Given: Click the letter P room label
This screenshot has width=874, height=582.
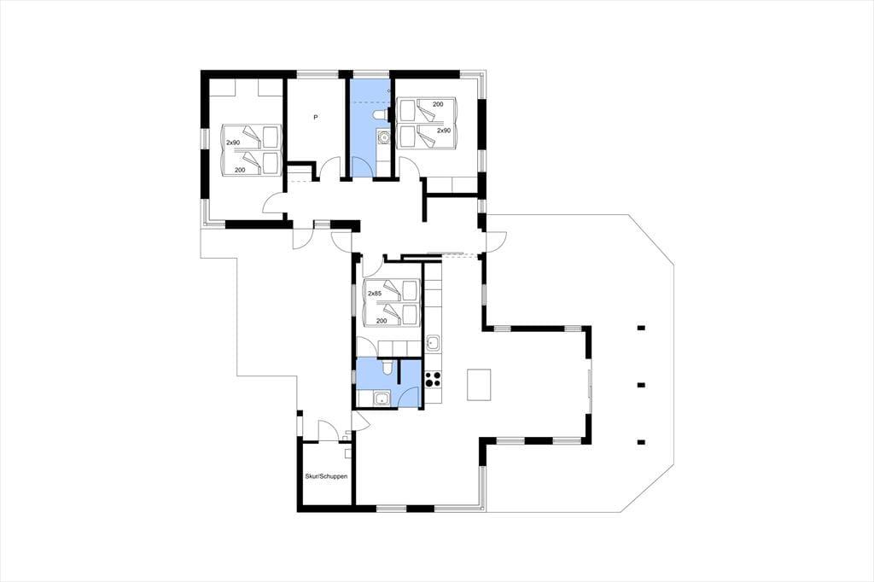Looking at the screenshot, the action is pyautogui.click(x=316, y=117).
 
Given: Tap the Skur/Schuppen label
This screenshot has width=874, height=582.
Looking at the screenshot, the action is pyautogui.click(x=327, y=477).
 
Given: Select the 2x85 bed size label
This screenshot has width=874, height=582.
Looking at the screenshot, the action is pyautogui.click(x=375, y=294).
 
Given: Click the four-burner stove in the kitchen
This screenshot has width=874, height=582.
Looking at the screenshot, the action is pyautogui.click(x=433, y=379).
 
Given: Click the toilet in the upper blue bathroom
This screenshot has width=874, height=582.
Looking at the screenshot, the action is pyautogui.click(x=379, y=115).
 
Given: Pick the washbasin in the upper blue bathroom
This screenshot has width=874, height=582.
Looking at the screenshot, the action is pyautogui.click(x=383, y=136).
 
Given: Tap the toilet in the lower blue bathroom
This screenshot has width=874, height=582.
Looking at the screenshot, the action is pyautogui.click(x=387, y=368).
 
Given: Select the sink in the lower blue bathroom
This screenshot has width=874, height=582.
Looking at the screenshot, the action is pyautogui.click(x=382, y=398).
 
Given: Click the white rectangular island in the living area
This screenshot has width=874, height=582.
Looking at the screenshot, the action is pyautogui.click(x=479, y=385).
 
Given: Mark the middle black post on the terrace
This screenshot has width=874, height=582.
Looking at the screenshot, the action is pyautogui.click(x=641, y=385).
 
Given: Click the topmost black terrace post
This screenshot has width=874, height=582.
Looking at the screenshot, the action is pyautogui.click(x=641, y=328).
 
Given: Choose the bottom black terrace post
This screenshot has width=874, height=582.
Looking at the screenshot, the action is pyautogui.click(x=641, y=442).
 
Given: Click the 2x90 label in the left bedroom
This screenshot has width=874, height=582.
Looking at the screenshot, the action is pyautogui.click(x=233, y=143).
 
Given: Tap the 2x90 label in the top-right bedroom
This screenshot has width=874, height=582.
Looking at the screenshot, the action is pyautogui.click(x=444, y=131).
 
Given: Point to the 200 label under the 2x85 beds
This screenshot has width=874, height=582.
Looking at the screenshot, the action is pyautogui.click(x=382, y=321).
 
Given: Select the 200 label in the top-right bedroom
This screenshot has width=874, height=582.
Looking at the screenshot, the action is pyautogui.click(x=438, y=104).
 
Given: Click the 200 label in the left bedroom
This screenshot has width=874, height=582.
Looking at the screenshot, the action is pyautogui.click(x=240, y=170).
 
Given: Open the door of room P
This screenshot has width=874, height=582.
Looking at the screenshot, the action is pyautogui.click(x=330, y=167).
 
